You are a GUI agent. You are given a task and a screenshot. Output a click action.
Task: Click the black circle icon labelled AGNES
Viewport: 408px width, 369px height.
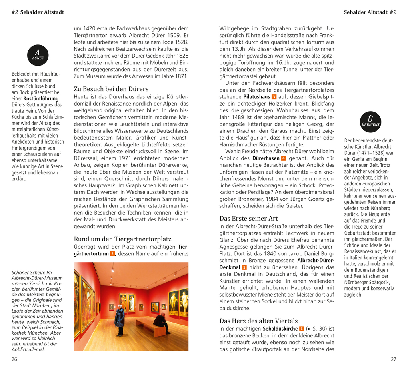tap(38, 55)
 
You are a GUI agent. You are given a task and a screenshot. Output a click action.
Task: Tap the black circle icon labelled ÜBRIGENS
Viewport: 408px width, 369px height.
tap(370, 122)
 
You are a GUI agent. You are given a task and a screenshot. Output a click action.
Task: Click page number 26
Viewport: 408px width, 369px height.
tap(14, 359)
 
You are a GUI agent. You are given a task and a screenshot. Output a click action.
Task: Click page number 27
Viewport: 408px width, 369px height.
tap(393, 359)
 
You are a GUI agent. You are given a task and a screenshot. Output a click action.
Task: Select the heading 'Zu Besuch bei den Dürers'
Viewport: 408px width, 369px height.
tap(111, 89)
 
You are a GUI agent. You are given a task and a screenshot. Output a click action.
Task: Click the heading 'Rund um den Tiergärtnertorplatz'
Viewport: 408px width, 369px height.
tap(122, 239)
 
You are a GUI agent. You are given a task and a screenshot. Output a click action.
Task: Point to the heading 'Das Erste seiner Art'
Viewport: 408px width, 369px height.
tap(248, 218)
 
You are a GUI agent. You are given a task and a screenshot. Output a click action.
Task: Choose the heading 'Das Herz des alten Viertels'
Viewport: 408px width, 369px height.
tap(258, 321)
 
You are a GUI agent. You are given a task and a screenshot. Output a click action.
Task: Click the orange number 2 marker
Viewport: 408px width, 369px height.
tap(112, 254)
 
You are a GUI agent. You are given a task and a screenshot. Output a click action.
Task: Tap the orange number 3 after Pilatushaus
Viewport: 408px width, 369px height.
tap(274, 97)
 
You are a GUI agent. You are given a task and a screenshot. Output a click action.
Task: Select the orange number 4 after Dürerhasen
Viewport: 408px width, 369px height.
tap(284, 158)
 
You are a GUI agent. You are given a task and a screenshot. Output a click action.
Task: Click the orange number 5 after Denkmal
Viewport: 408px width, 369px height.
tap(244, 267)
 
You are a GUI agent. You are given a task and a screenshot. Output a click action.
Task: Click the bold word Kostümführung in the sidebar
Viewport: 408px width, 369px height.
tap(41, 98)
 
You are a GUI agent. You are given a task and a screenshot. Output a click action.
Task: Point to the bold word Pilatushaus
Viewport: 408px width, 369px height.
tap(256, 97)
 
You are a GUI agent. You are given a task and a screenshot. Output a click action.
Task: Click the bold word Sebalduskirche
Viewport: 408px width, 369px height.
tap(280, 329)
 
